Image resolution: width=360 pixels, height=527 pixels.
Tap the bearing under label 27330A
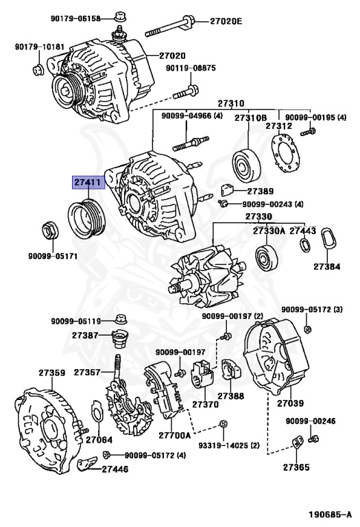pos(265,259)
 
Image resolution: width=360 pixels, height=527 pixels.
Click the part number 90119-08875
pos(190,68)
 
